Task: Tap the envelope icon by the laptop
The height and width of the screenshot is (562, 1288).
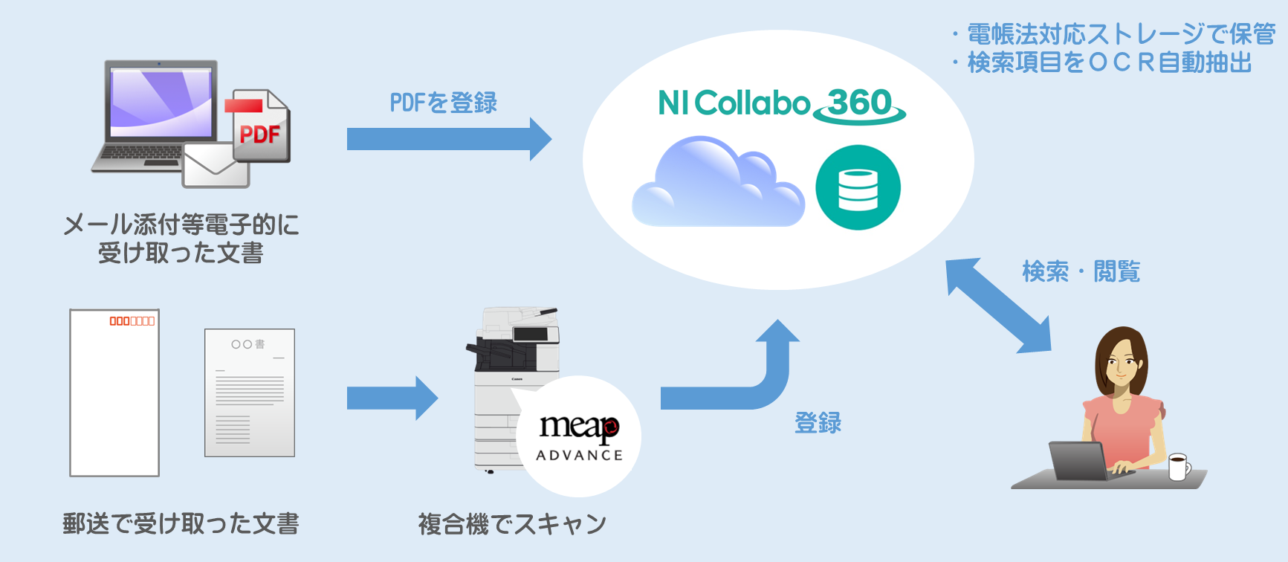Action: [x=216, y=165]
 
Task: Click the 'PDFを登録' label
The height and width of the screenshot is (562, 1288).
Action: [x=444, y=103]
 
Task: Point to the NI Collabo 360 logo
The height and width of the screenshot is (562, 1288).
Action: [x=780, y=104]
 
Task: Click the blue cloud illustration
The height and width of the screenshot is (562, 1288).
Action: [x=717, y=186]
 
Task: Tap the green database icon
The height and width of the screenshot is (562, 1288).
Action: [x=858, y=187]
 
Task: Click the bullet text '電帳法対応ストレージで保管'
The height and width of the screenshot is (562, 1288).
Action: [x=1120, y=34]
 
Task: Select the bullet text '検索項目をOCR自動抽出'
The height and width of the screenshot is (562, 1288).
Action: [x=1109, y=63]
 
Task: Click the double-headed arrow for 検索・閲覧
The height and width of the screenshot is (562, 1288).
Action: [x=998, y=305]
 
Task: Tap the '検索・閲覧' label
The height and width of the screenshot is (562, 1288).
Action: [x=1081, y=272]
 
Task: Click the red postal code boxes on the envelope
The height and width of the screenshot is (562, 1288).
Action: [x=132, y=321]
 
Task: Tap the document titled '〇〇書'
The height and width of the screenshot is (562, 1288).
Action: [x=250, y=393]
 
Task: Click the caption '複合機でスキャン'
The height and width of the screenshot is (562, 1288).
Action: [x=512, y=524]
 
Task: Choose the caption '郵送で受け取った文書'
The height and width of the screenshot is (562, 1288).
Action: [x=181, y=524]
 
